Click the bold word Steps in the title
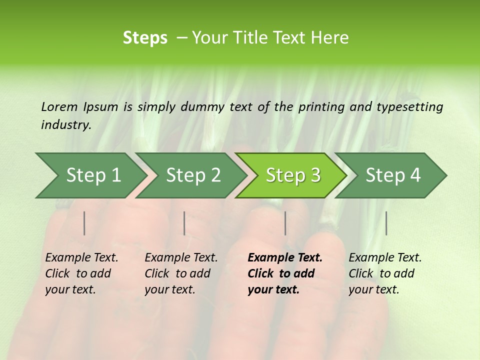coord(145,38)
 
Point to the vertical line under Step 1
coord(84,223)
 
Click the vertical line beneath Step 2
coord(184,223)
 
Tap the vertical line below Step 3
coord(285,223)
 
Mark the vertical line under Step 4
coord(386,223)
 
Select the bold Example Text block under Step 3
coord(284,273)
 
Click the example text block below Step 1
coord(81,273)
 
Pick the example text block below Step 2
coord(181,273)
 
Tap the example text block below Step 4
coord(385,273)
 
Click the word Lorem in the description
coord(59,107)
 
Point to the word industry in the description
coord(65,125)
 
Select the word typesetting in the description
coord(409,107)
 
